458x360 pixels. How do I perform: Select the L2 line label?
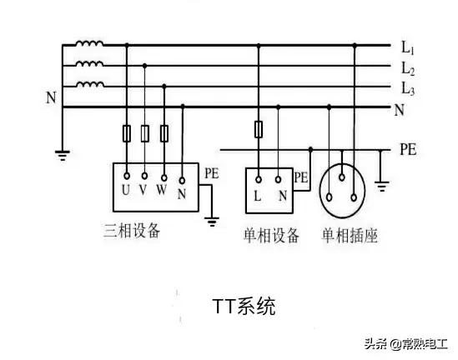[408, 69]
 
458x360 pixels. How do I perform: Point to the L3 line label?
[408, 88]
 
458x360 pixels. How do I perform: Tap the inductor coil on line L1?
[89, 44]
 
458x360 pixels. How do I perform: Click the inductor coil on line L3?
[90, 84]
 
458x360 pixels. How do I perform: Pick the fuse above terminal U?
[127, 133]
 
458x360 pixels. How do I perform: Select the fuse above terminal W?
[164, 133]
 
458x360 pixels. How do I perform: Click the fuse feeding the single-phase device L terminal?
[259, 129]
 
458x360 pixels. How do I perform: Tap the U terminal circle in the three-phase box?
[127, 176]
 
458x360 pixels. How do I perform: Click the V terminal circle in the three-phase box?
[144, 176]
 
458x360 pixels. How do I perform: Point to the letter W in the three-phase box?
[162, 190]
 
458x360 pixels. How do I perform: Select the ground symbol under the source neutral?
[63, 155]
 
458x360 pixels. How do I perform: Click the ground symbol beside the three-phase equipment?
[212, 222]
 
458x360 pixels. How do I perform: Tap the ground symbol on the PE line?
[382, 186]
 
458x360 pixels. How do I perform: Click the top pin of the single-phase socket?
[342, 177]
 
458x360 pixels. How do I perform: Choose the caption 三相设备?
[132, 231]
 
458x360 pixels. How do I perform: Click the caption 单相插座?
[350, 235]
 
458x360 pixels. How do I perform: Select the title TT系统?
[244, 306]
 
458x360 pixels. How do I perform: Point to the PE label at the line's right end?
[408, 149]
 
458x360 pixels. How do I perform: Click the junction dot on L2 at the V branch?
[144, 66]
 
